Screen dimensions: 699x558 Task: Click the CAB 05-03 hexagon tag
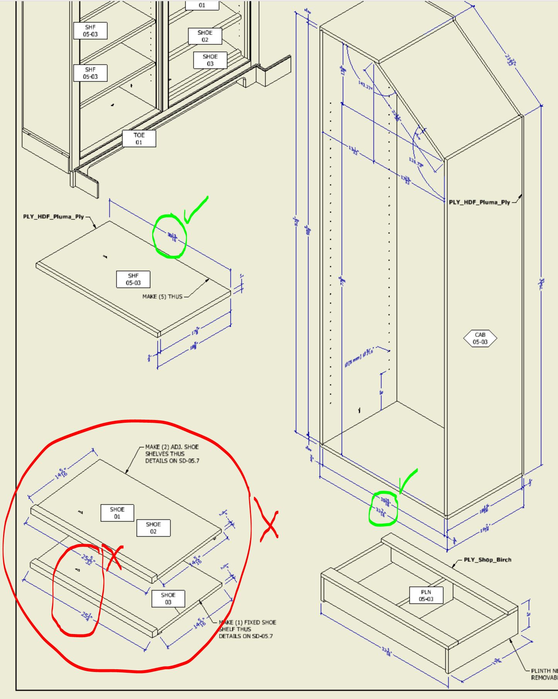point(480,338)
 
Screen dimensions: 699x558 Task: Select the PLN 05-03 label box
point(426,595)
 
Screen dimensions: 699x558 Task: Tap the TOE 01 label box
point(139,139)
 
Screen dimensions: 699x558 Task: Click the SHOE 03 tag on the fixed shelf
point(168,599)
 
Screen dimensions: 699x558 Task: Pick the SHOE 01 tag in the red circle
point(117,513)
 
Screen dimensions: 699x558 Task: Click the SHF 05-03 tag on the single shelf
point(133,279)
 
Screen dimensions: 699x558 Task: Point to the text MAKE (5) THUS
point(162,297)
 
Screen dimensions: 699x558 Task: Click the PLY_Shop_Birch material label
point(487,560)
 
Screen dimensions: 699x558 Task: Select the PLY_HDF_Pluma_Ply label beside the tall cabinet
point(479,202)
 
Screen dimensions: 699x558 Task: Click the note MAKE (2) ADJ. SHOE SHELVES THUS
point(172,454)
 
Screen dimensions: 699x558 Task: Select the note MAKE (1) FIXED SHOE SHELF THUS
point(247,629)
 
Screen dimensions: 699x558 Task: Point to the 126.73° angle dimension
point(416,162)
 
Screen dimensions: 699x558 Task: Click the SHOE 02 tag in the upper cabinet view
point(205,36)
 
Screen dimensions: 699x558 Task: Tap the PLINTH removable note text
point(544,674)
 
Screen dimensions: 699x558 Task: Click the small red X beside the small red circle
point(113,556)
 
